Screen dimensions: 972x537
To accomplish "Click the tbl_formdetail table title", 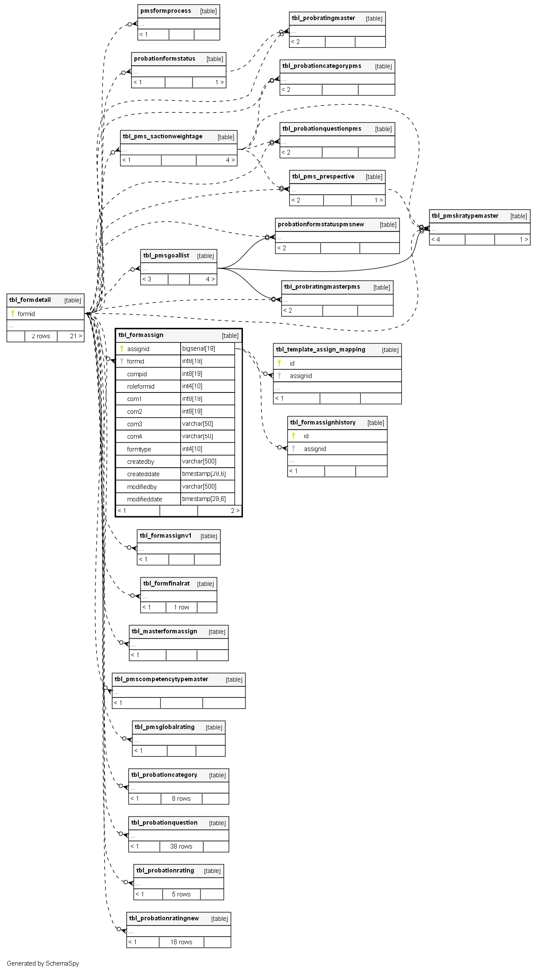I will point(30,300).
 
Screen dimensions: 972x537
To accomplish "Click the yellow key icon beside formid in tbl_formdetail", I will point(13,313).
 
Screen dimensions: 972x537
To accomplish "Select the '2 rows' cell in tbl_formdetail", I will point(41,336).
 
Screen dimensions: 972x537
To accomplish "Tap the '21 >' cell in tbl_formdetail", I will point(76,336).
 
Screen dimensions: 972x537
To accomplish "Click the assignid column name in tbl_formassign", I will point(138,349).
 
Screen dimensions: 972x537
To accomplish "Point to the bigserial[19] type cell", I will point(199,348).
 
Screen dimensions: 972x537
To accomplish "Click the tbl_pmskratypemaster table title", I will point(465,216).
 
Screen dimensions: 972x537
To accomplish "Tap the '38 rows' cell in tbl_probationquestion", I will point(181,846).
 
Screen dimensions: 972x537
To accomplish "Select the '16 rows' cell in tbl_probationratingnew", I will point(181,942).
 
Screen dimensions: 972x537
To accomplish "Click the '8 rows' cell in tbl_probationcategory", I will point(181,799).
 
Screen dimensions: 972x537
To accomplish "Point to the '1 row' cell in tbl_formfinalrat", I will point(181,607).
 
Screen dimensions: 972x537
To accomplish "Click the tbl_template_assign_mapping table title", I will point(321,350).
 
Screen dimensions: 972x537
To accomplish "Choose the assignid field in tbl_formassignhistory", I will point(315,449).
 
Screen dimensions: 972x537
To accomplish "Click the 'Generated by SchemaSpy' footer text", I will point(43,963).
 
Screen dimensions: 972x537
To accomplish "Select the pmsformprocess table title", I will point(166,11).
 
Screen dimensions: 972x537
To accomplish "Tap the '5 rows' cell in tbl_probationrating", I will point(181,894).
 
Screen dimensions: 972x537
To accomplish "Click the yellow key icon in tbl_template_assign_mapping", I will point(280,363).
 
